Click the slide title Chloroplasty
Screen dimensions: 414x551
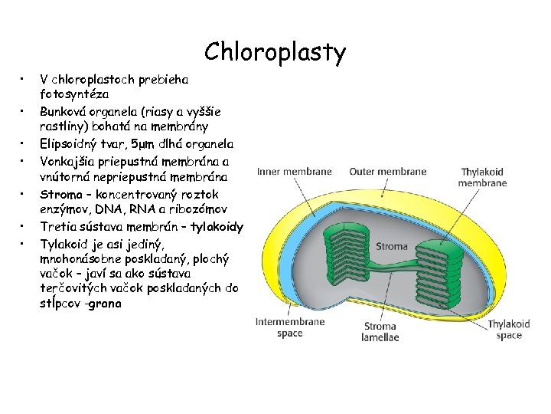coord(275,52)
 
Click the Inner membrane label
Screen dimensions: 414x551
coord(295,172)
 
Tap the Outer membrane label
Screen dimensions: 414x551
coord(388,172)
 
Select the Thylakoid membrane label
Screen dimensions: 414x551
coord(482,178)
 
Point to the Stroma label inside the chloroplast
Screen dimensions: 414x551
coord(391,246)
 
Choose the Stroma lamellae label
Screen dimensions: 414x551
coord(380,332)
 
